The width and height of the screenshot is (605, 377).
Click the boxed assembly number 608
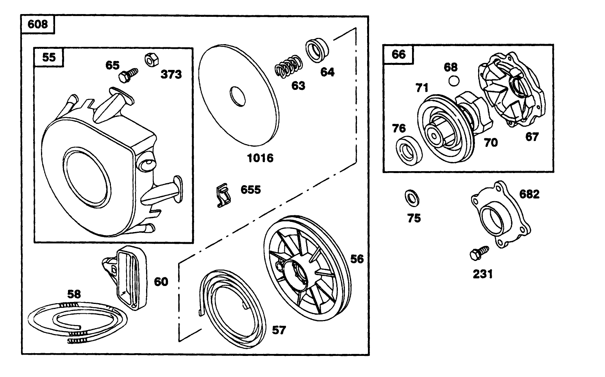pos(38,25)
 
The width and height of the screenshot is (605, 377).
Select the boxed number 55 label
pos(49,57)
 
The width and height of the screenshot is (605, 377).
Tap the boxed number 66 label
pos(398,54)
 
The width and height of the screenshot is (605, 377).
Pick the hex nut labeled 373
pos(152,59)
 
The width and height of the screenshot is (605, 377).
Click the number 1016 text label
pos(260,158)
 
